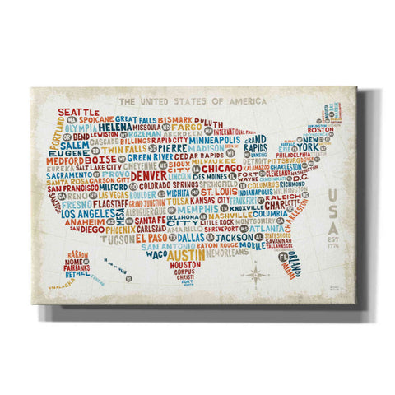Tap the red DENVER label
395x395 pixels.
(149, 176)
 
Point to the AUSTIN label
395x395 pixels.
(174, 256)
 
